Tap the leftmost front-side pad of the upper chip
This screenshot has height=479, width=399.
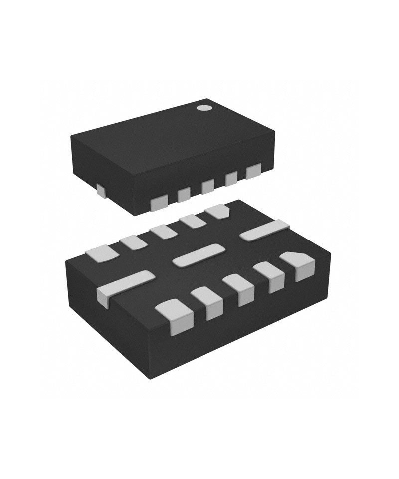pyautogui.click(x=159, y=202)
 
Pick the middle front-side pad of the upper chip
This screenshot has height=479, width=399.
pyautogui.click(x=208, y=186)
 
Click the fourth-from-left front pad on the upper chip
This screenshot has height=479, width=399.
pyautogui.click(x=231, y=178)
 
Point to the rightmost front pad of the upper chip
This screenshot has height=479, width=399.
pyautogui.click(x=253, y=171)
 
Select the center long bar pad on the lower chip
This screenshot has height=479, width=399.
pyautogui.click(x=198, y=255)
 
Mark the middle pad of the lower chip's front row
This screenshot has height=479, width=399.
pyautogui.click(x=238, y=289)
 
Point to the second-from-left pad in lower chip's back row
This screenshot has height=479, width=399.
pyautogui.click(x=133, y=242)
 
